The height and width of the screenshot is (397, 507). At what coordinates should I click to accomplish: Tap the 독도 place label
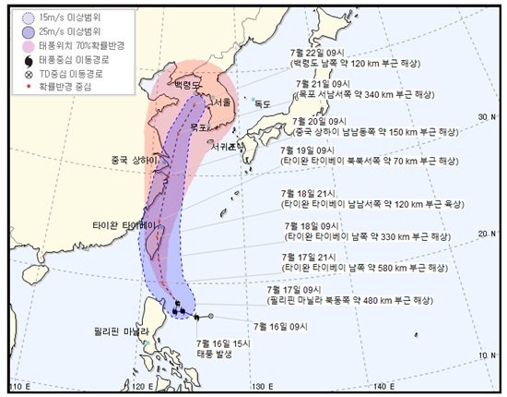tap(265, 104)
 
